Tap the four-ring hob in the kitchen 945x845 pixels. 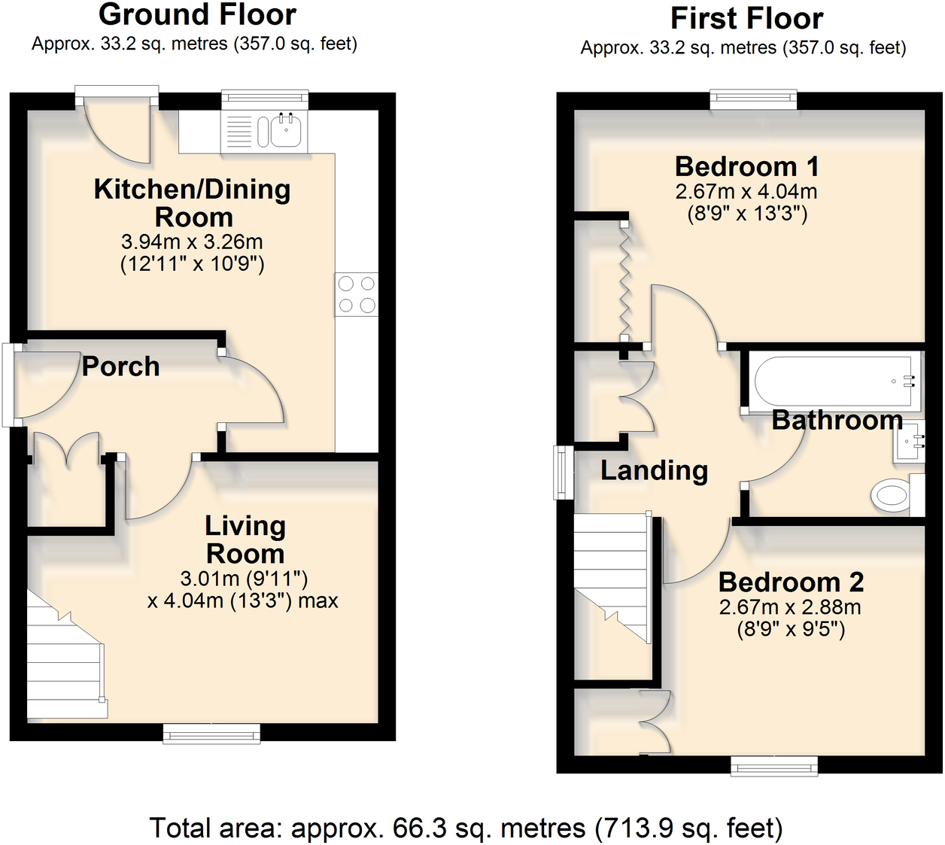click(x=357, y=294)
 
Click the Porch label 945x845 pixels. click(x=120, y=366)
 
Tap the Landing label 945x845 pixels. click(x=654, y=470)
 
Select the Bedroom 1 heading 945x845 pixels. click(x=746, y=166)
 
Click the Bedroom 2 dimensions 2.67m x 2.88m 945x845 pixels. click(x=790, y=607)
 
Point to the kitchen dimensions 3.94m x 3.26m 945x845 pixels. click(x=192, y=242)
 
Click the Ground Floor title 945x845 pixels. click(x=197, y=15)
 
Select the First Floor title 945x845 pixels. click(x=746, y=18)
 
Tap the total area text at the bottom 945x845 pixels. click(x=466, y=828)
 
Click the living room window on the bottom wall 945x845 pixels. click(x=212, y=734)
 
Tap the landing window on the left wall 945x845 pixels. click(x=563, y=473)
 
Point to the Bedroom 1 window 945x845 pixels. click(x=753, y=99)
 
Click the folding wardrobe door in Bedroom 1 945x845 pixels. click(x=624, y=281)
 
